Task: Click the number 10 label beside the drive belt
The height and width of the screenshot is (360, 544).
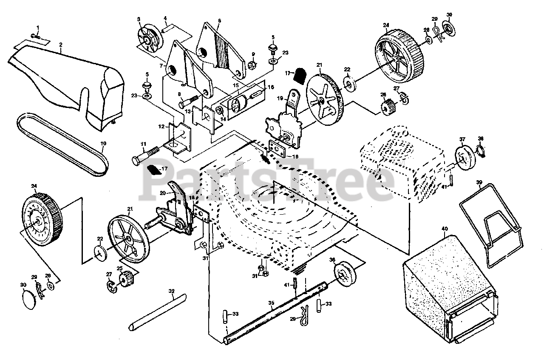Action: (x=103, y=144)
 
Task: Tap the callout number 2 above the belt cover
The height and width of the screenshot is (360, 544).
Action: (x=61, y=44)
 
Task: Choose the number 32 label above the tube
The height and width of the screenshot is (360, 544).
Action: (x=172, y=292)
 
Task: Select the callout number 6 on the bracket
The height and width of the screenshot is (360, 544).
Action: (x=219, y=20)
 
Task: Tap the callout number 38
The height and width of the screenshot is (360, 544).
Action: (x=481, y=139)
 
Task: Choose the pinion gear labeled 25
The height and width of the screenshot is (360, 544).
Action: (x=126, y=280)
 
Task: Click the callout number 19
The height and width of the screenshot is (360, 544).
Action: (x=280, y=98)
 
